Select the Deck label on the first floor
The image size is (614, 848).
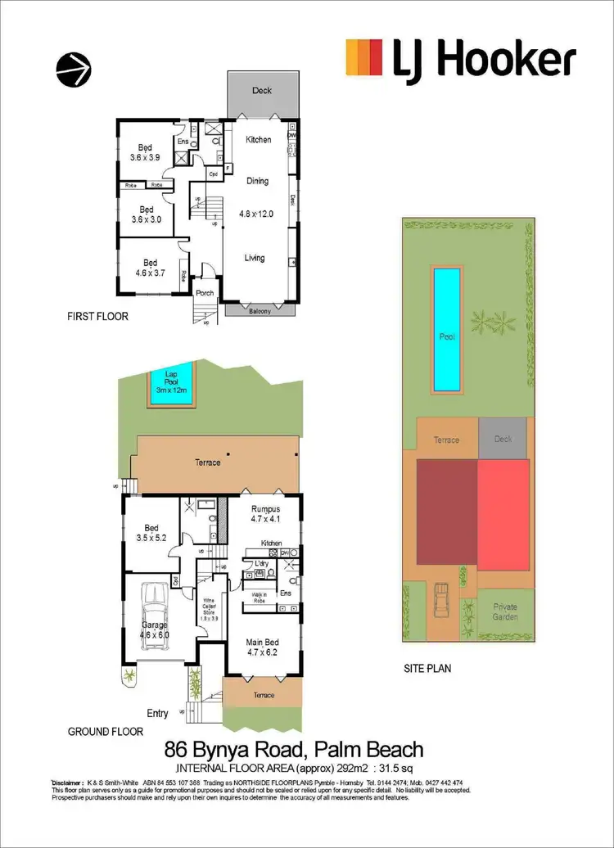[262, 91]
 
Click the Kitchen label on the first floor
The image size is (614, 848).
[259, 140]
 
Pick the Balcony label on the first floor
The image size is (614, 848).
[260, 310]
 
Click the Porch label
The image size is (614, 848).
[204, 293]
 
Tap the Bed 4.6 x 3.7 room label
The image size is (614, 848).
[151, 268]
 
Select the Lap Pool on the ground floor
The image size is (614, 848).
[172, 384]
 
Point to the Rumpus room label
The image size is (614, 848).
[264, 513]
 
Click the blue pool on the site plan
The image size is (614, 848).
[446, 329]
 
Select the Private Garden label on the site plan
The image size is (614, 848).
[504, 611]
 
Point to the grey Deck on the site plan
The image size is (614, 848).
[503, 439]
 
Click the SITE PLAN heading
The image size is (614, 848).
[427, 669]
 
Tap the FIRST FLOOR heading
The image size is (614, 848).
[98, 315]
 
